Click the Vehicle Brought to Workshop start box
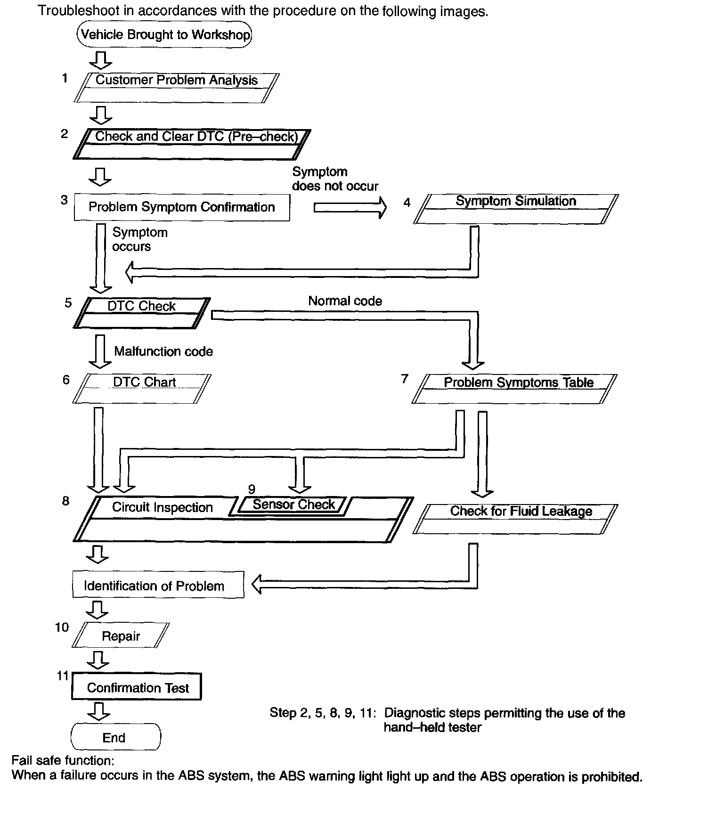[x=164, y=34]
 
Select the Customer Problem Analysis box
[x=177, y=88]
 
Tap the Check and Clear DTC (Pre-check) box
[x=192, y=144]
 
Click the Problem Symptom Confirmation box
[x=182, y=207]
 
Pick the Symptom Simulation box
[x=516, y=209]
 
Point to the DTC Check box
[x=142, y=313]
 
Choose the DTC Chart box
[x=142, y=389]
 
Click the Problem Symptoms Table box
[x=514, y=389]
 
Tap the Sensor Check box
[x=293, y=505]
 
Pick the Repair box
[x=121, y=636]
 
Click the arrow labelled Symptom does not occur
[x=350, y=207]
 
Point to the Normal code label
[x=345, y=301]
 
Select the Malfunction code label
[x=163, y=351]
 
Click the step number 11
[x=63, y=676]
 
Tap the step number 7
[x=404, y=379]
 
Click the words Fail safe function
[x=63, y=760]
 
